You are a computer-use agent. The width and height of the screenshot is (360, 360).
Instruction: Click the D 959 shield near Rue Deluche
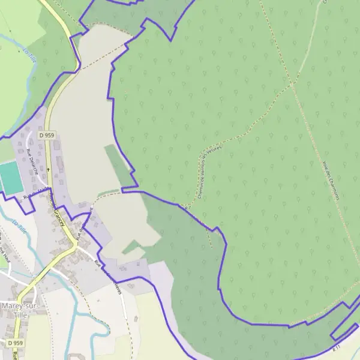click(47, 136)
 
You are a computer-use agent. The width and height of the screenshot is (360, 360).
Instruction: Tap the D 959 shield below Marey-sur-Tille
click(16, 343)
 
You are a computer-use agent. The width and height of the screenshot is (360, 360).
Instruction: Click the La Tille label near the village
click(20, 227)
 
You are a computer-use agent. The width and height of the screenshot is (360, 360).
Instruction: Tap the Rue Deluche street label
click(32, 161)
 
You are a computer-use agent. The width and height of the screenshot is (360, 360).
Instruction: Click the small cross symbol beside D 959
click(49, 152)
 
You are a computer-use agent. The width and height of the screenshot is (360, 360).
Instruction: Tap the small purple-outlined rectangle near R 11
click(343, 327)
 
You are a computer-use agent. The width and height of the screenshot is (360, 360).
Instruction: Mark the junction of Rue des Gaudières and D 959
click(77, 241)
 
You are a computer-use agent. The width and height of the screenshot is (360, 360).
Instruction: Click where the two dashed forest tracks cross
click(292, 85)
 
